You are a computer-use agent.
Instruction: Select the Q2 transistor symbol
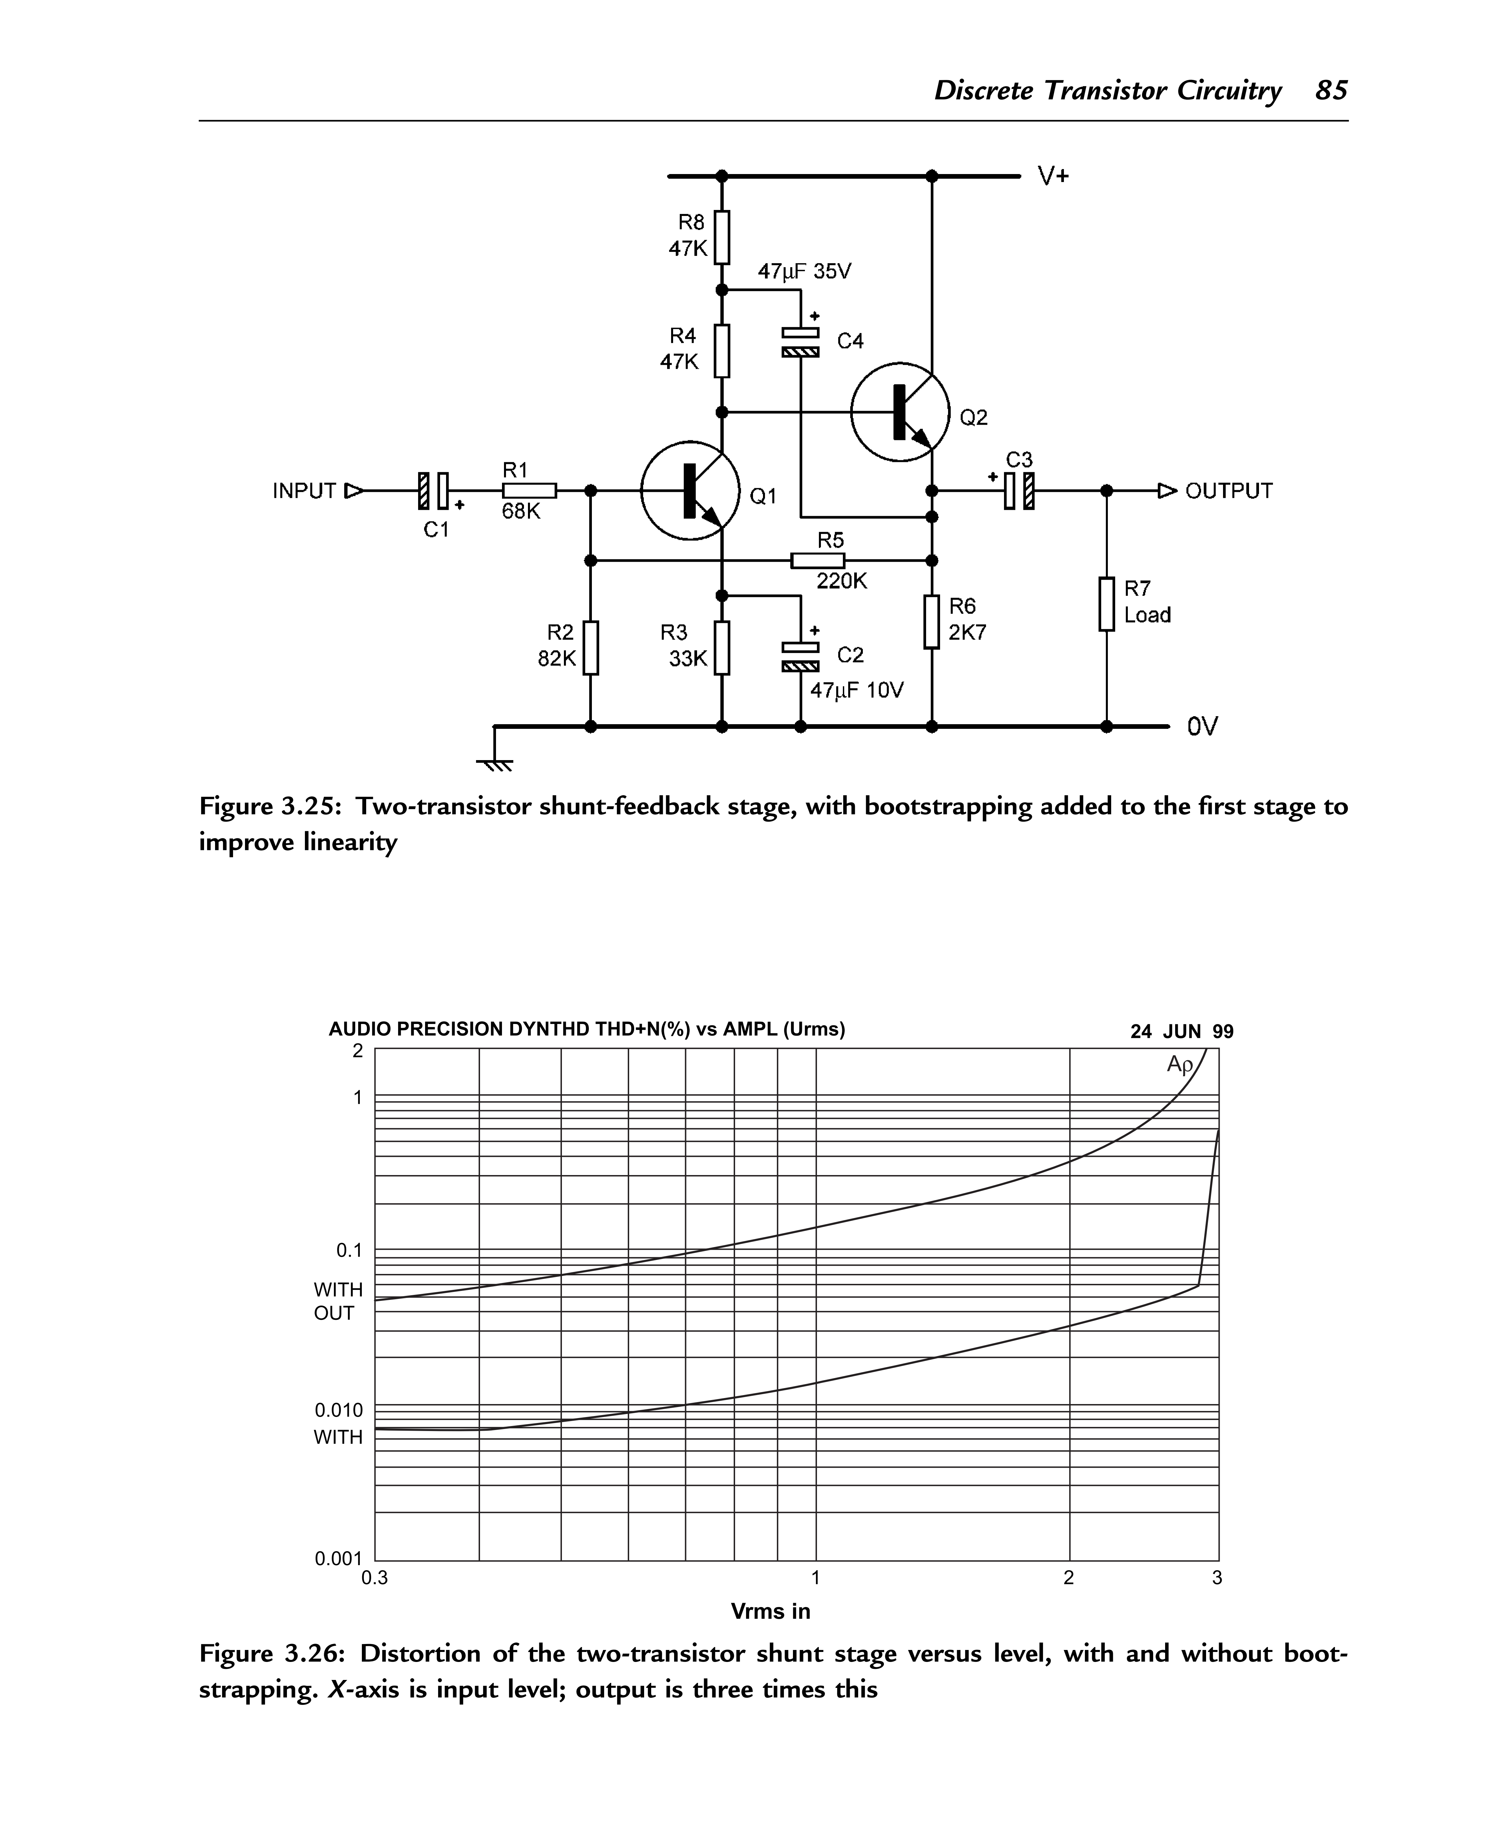900,412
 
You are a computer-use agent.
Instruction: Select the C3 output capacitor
1018,491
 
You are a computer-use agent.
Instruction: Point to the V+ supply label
1054,177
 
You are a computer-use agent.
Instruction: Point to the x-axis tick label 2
1069,1578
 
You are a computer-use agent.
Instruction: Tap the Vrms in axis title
771,1611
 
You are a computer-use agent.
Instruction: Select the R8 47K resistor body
722,237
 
